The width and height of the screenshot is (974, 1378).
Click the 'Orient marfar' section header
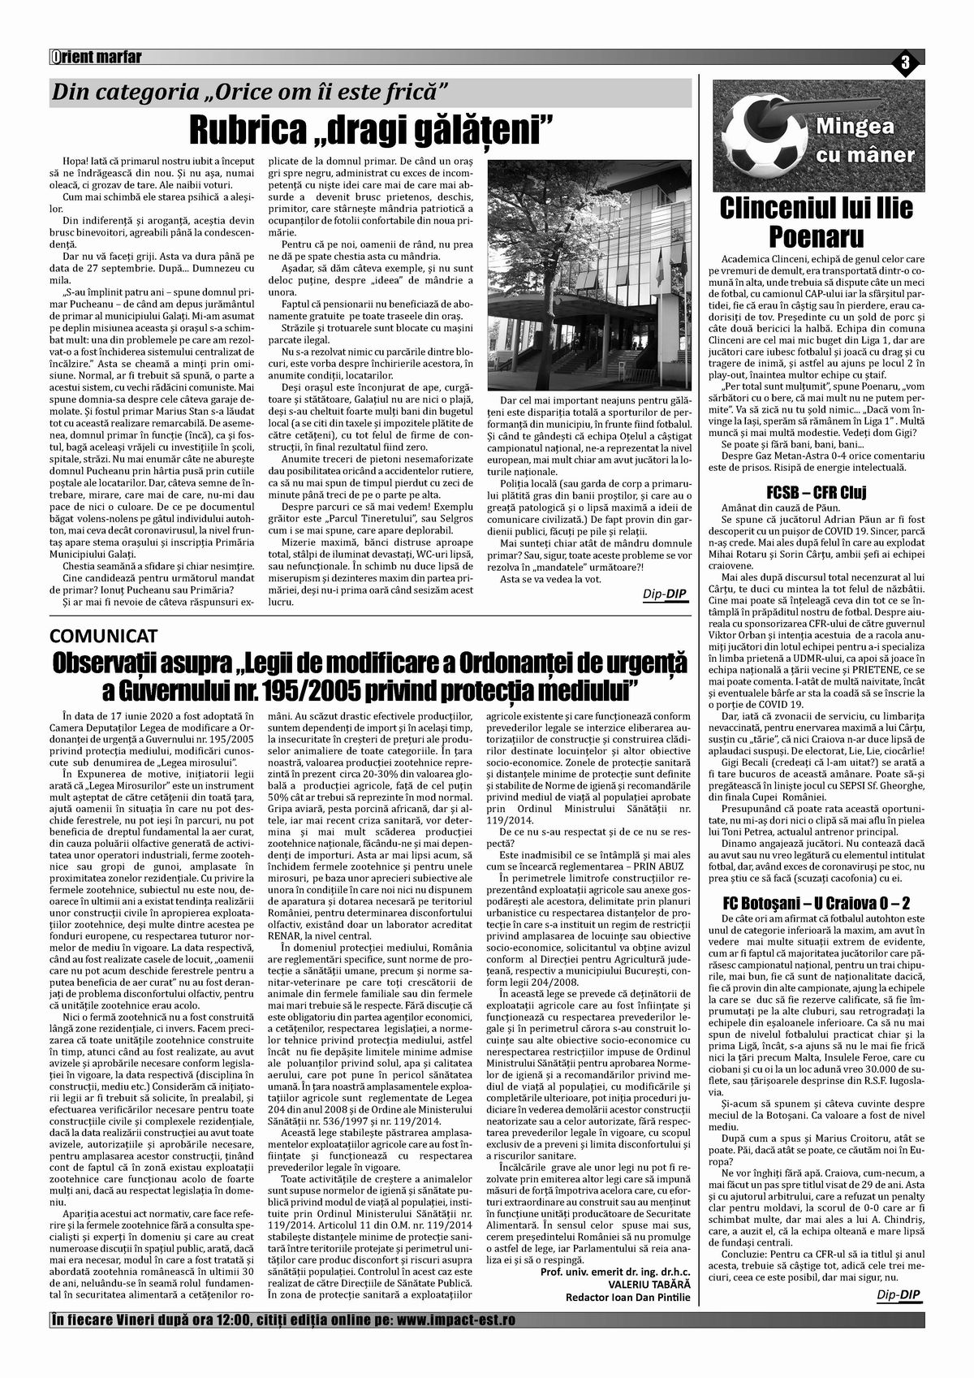click(x=96, y=57)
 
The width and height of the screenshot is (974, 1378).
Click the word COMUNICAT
click(x=103, y=635)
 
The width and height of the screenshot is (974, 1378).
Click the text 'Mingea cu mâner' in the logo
click(x=854, y=140)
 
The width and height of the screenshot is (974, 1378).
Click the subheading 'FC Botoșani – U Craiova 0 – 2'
click(x=816, y=902)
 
